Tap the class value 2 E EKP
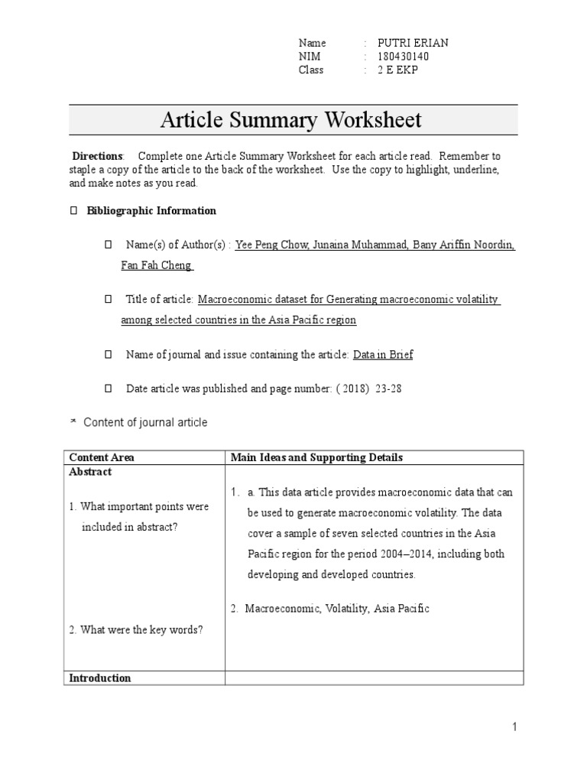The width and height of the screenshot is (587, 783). [398, 70]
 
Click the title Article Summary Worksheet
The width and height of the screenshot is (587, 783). [290, 120]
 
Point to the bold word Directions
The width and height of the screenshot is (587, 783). [97, 156]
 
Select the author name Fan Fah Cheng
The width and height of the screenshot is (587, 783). [157, 265]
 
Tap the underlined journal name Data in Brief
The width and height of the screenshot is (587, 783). [383, 355]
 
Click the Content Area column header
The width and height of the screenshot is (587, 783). [102, 457]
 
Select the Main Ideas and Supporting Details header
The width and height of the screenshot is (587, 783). [317, 457]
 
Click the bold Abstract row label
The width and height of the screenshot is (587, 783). [90, 472]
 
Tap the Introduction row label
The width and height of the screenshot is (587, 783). [100, 677]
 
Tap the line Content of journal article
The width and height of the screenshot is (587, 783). [145, 422]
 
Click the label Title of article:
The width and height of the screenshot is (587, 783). [161, 300]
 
